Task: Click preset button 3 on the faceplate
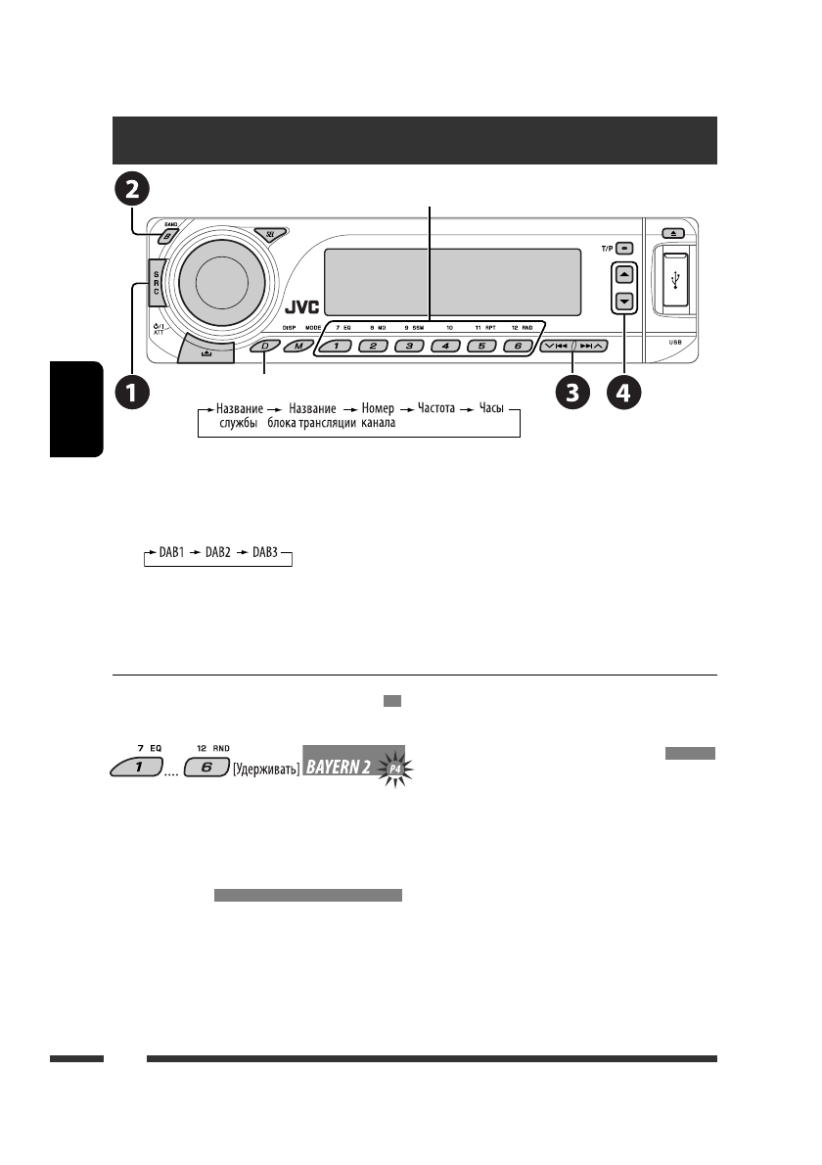(x=410, y=347)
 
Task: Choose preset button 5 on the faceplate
(x=483, y=347)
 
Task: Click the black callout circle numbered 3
(x=573, y=395)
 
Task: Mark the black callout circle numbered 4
(x=624, y=395)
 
